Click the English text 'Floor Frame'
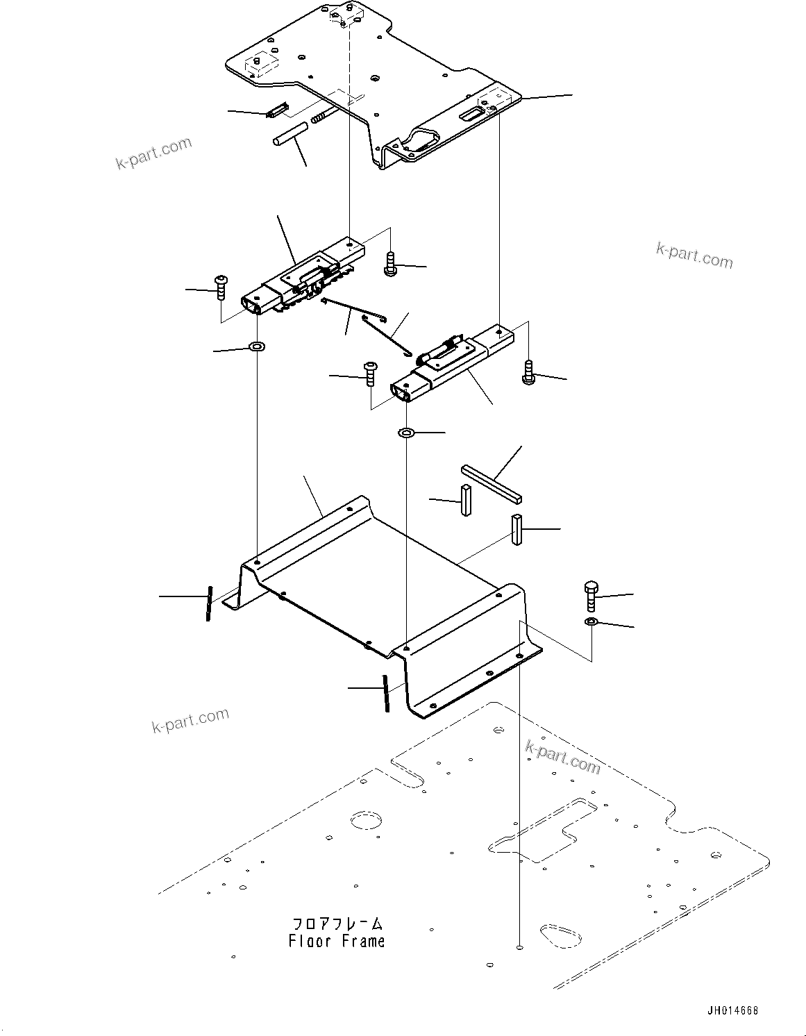tap(337, 942)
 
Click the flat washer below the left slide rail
tap(258, 345)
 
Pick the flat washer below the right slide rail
tap(407, 433)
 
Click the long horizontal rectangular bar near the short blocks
tap(492, 484)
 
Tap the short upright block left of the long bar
tap(465, 500)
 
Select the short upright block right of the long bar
tap(518, 530)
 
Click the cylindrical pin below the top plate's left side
tap(289, 133)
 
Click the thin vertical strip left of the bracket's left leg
tap(208, 603)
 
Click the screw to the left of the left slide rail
tap(221, 287)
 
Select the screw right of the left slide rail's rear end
tap(390, 264)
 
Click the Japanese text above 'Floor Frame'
tap(337, 924)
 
